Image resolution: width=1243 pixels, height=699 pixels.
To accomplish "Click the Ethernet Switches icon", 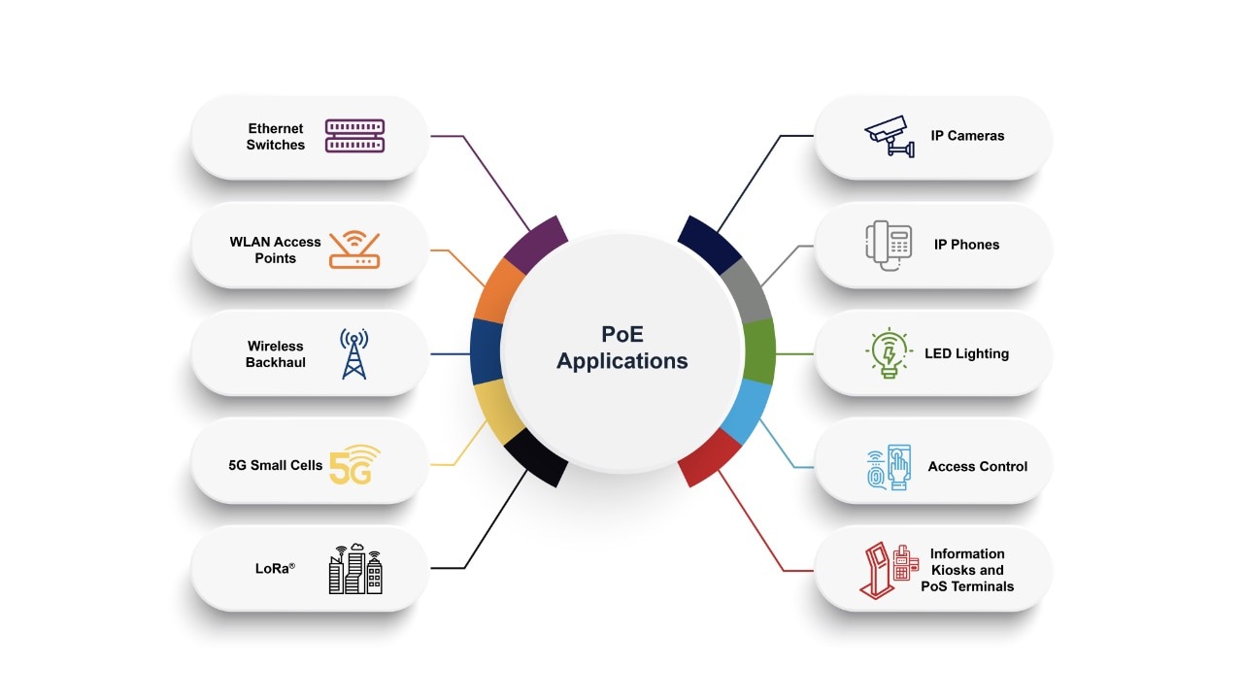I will [x=354, y=136].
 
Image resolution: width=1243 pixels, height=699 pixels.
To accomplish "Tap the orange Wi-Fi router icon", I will [x=354, y=250].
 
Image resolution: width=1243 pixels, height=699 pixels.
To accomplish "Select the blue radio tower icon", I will [x=353, y=353].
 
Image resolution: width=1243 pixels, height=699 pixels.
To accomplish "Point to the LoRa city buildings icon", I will [x=354, y=569].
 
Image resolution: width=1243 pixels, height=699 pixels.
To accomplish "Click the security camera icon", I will [x=890, y=136].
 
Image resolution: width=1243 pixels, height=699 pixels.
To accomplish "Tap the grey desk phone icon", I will [x=889, y=245].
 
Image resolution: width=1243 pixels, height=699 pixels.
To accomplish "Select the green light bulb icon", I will [x=888, y=353].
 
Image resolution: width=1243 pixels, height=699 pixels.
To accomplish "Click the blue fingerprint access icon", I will [x=889, y=467].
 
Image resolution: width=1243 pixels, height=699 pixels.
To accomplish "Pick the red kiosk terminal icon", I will [x=889, y=570].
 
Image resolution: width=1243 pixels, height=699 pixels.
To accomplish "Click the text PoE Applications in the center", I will [x=622, y=348].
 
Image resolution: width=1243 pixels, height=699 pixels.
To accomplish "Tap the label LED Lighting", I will [x=966, y=353].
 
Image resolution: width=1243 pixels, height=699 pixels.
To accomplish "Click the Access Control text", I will [x=977, y=467].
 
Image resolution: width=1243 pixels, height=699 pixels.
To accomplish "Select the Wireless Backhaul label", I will [x=276, y=353].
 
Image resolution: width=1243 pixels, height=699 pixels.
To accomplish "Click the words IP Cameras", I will [x=967, y=136].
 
